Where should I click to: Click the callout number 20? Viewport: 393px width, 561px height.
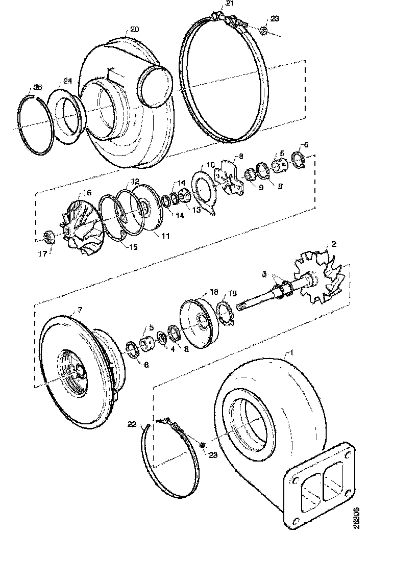point(134,30)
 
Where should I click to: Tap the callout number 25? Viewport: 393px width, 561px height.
point(38,86)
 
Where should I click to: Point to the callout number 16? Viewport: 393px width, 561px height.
point(87,192)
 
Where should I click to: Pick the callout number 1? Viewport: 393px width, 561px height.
point(291,352)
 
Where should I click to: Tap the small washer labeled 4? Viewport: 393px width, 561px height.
point(162,338)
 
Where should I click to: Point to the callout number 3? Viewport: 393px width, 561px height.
point(264,274)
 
